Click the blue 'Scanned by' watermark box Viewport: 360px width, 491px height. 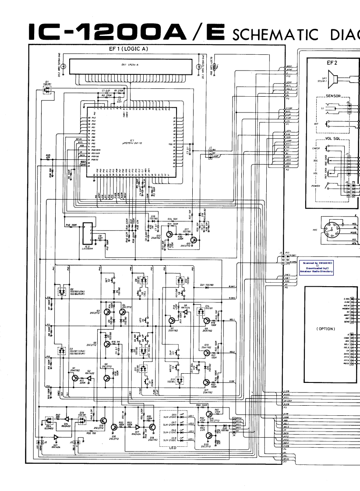coord(316,267)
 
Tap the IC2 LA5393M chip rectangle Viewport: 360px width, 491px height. coord(88,233)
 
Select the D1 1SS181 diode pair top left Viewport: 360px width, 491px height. coord(46,89)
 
